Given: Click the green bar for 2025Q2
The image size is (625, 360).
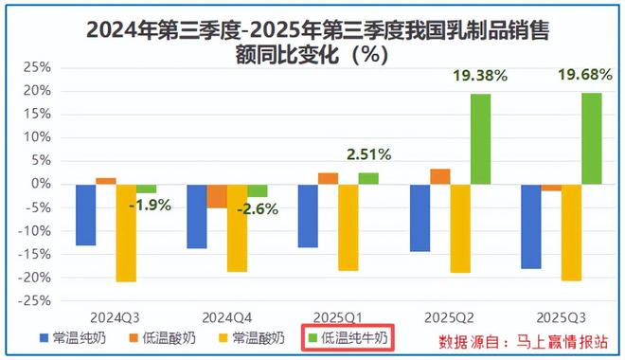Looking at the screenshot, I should (480, 138).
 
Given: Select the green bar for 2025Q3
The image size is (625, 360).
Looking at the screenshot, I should (591, 137).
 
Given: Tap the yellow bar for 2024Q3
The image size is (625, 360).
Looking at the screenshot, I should (126, 232).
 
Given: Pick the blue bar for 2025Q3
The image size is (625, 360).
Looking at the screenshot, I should (529, 226).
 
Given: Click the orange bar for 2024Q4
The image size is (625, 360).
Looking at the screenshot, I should (217, 196).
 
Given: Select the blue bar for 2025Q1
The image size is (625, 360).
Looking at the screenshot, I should (308, 216).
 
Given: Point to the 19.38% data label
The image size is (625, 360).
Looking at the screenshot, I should (480, 75).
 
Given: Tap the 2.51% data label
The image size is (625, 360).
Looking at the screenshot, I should (367, 154).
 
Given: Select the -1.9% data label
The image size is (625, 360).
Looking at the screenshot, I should (149, 206).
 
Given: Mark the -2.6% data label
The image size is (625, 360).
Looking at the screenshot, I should (259, 209).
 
